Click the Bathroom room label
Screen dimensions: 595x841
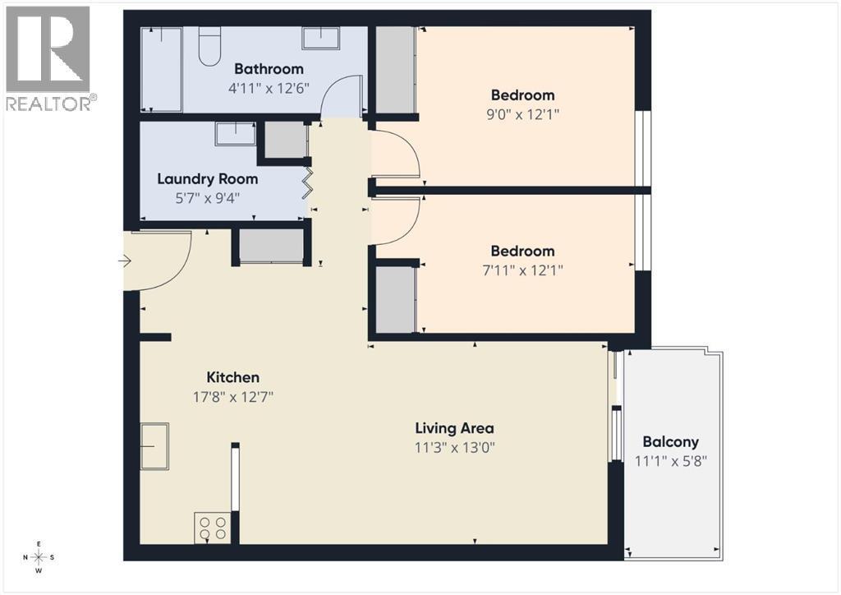pyautogui.click(x=269, y=69)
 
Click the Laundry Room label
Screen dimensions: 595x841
pyautogui.click(x=207, y=178)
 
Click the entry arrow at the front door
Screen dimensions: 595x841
pyautogui.click(x=125, y=261)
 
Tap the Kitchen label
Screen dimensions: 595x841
pyautogui.click(x=232, y=377)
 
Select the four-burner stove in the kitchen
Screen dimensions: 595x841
pyautogui.click(x=212, y=527)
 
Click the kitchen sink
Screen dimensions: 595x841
pyautogui.click(x=154, y=446)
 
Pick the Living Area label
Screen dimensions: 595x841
pyautogui.click(x=454, y=428)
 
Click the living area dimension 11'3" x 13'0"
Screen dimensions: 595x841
pyautogui.click(x=454, y=448)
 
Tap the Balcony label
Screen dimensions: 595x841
pyautogui.click(x=670, y=441)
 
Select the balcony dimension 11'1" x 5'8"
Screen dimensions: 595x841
pyautogui.click(x=670, y=460)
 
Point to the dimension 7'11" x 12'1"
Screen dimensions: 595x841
pyautogui.click(x=522, y=270)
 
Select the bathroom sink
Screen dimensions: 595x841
pyautogui.click(x=323, y=38)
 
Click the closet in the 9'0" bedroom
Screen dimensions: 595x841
pyautogui.click(x=395, y=70)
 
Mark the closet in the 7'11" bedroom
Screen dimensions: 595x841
pyautogui.click(x=395, y=299)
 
